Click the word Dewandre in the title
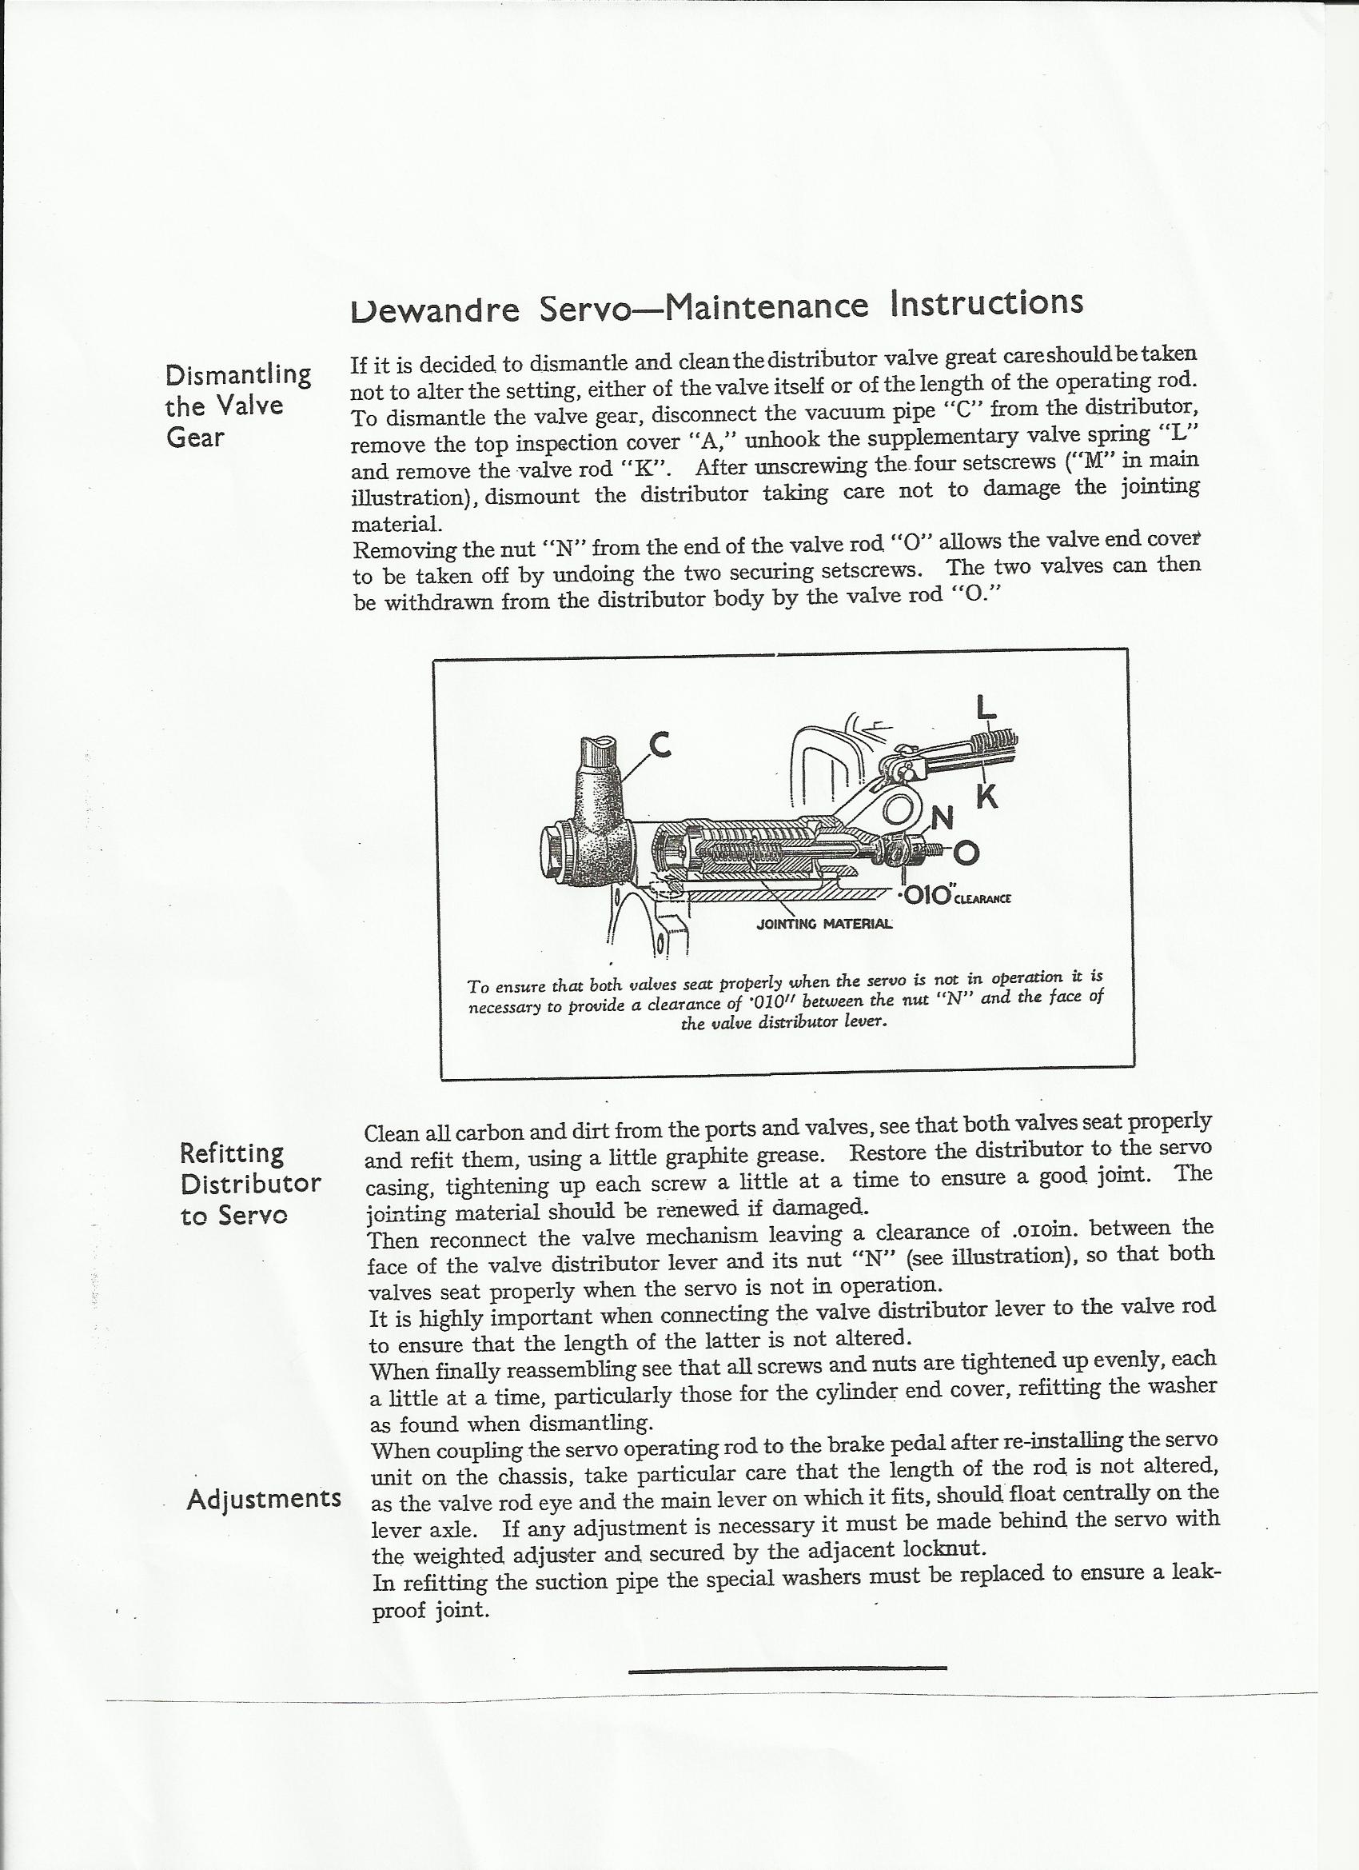pyautogui.click(x=435, y=310)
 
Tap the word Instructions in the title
pyautogui.click(x=986, y=302)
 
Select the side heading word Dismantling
pyautogui.click(x=238, y=375)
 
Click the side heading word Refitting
pyautogui.click(x=232, y=1153)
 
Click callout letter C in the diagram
pyautogui.click(x=660, y=745)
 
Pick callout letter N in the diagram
pyautogui.click(x=941, y=817)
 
